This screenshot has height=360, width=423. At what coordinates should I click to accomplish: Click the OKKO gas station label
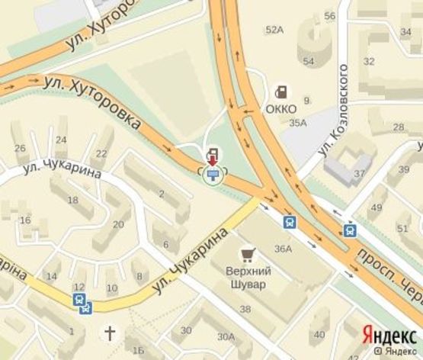pos(282,108)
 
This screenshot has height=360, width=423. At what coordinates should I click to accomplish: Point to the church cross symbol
pos(111,333)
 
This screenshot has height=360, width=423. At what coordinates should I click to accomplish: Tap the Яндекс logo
pos(388,334)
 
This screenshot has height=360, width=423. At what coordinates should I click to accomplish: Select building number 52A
pos(274,30)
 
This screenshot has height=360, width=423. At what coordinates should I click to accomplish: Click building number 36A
pos(284,248)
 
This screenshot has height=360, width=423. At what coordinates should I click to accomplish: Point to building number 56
pos(329,16)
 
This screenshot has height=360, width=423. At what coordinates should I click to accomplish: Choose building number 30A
pos(226,336)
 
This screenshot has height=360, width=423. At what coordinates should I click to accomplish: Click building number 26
pos(21,148)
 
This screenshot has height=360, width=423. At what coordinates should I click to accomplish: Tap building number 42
pos(319,334)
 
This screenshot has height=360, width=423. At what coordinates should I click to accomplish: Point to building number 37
pos(359,173)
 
